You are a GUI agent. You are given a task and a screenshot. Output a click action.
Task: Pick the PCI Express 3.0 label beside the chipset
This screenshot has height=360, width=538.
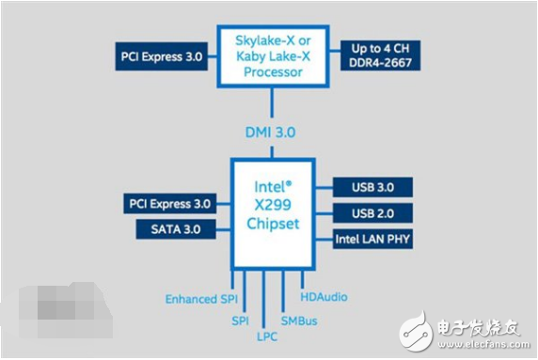pyautogui.click(x=168, y=202)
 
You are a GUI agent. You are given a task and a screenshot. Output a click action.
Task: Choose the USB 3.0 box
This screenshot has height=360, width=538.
pyautogui.click(x=373, y=189)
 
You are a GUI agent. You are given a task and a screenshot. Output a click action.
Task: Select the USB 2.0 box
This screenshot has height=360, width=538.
pyautogui.click(x=373, y=213)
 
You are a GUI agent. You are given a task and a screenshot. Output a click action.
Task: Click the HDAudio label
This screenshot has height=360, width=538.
pyautogui.click(x=324, y=297)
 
